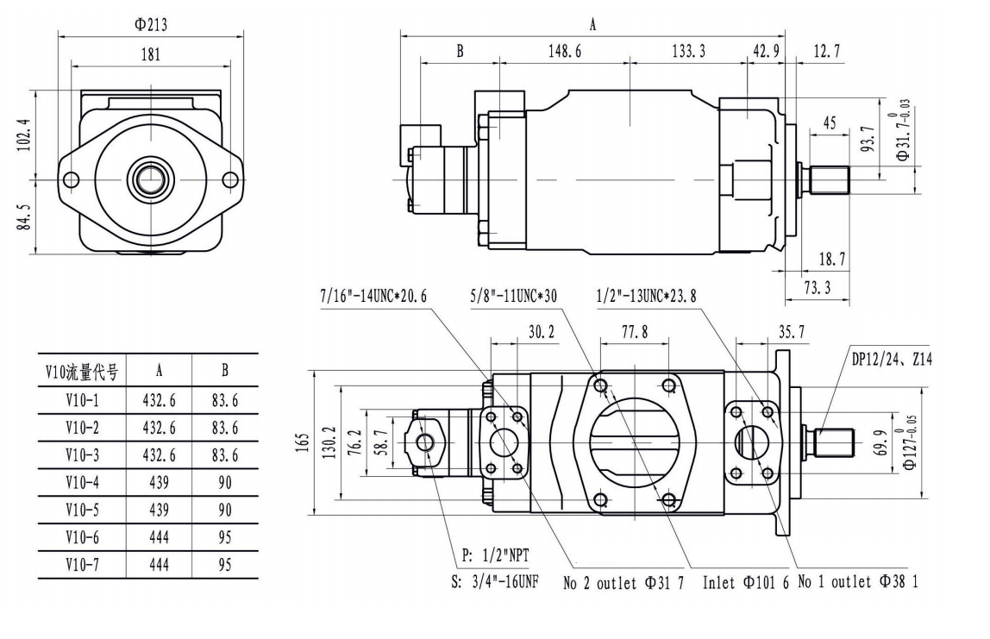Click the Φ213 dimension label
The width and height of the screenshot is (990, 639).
click(x=150, y=25)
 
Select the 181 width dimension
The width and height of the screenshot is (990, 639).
click(x=150, y=54)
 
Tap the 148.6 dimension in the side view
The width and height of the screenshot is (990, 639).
click(x=564, y=52)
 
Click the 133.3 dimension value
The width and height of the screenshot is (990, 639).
click(x=688, y=52)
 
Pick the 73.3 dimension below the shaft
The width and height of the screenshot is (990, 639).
click(x=816, y=288)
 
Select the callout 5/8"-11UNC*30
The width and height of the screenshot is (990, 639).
click(x=515, y=296)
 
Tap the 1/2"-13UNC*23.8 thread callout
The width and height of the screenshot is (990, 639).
click(x=646, y=296)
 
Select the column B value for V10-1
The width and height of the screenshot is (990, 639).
click(x=224, y=400)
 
